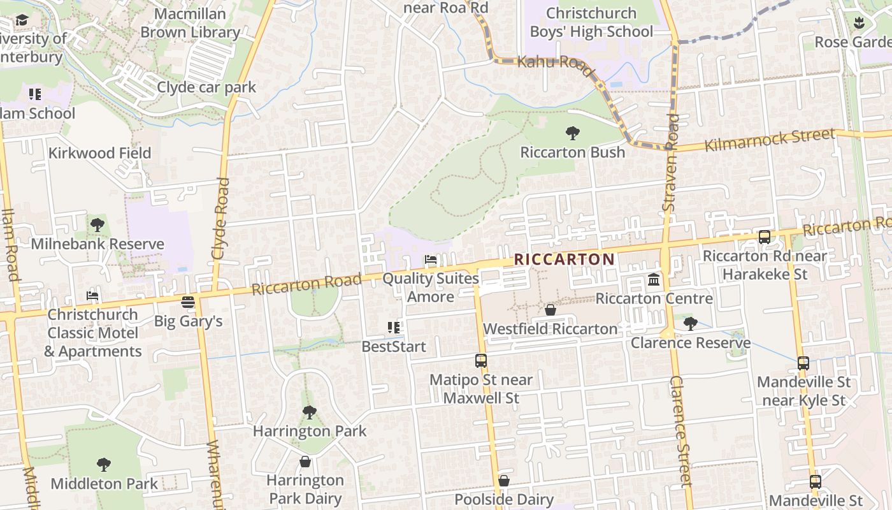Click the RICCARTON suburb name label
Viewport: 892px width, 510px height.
(x=564, y=259)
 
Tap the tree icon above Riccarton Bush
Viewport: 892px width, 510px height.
(x=573, y=133)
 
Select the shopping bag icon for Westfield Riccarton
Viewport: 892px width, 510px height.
(x=550, y=310)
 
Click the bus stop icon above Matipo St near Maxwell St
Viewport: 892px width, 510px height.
(x=481, y=361)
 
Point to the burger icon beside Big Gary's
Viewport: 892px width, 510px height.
(x=187, y=302)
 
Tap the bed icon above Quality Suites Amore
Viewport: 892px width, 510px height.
(x=431, y=260)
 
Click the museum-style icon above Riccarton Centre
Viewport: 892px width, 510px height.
(x=654, y=280)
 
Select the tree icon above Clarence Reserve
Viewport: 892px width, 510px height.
(x=690, y=324)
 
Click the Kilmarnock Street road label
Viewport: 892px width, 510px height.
(x=769, y=140)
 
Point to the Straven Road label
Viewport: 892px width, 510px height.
(x=670, y=163)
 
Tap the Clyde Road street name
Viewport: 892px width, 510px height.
(x=220, y=218)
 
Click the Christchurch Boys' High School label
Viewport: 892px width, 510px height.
(x=591, y=22)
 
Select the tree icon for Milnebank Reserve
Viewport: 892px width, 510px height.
(x=97, y=224)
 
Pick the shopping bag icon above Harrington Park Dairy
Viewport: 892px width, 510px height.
(x=305, y=461)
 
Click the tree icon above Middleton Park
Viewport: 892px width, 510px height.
(x=104, y=464)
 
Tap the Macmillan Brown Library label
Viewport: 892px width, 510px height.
(x=190, y=23)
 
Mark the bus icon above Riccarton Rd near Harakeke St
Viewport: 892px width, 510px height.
(x=765, y=237)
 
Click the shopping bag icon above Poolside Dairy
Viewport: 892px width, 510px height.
(x=504, y=480)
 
